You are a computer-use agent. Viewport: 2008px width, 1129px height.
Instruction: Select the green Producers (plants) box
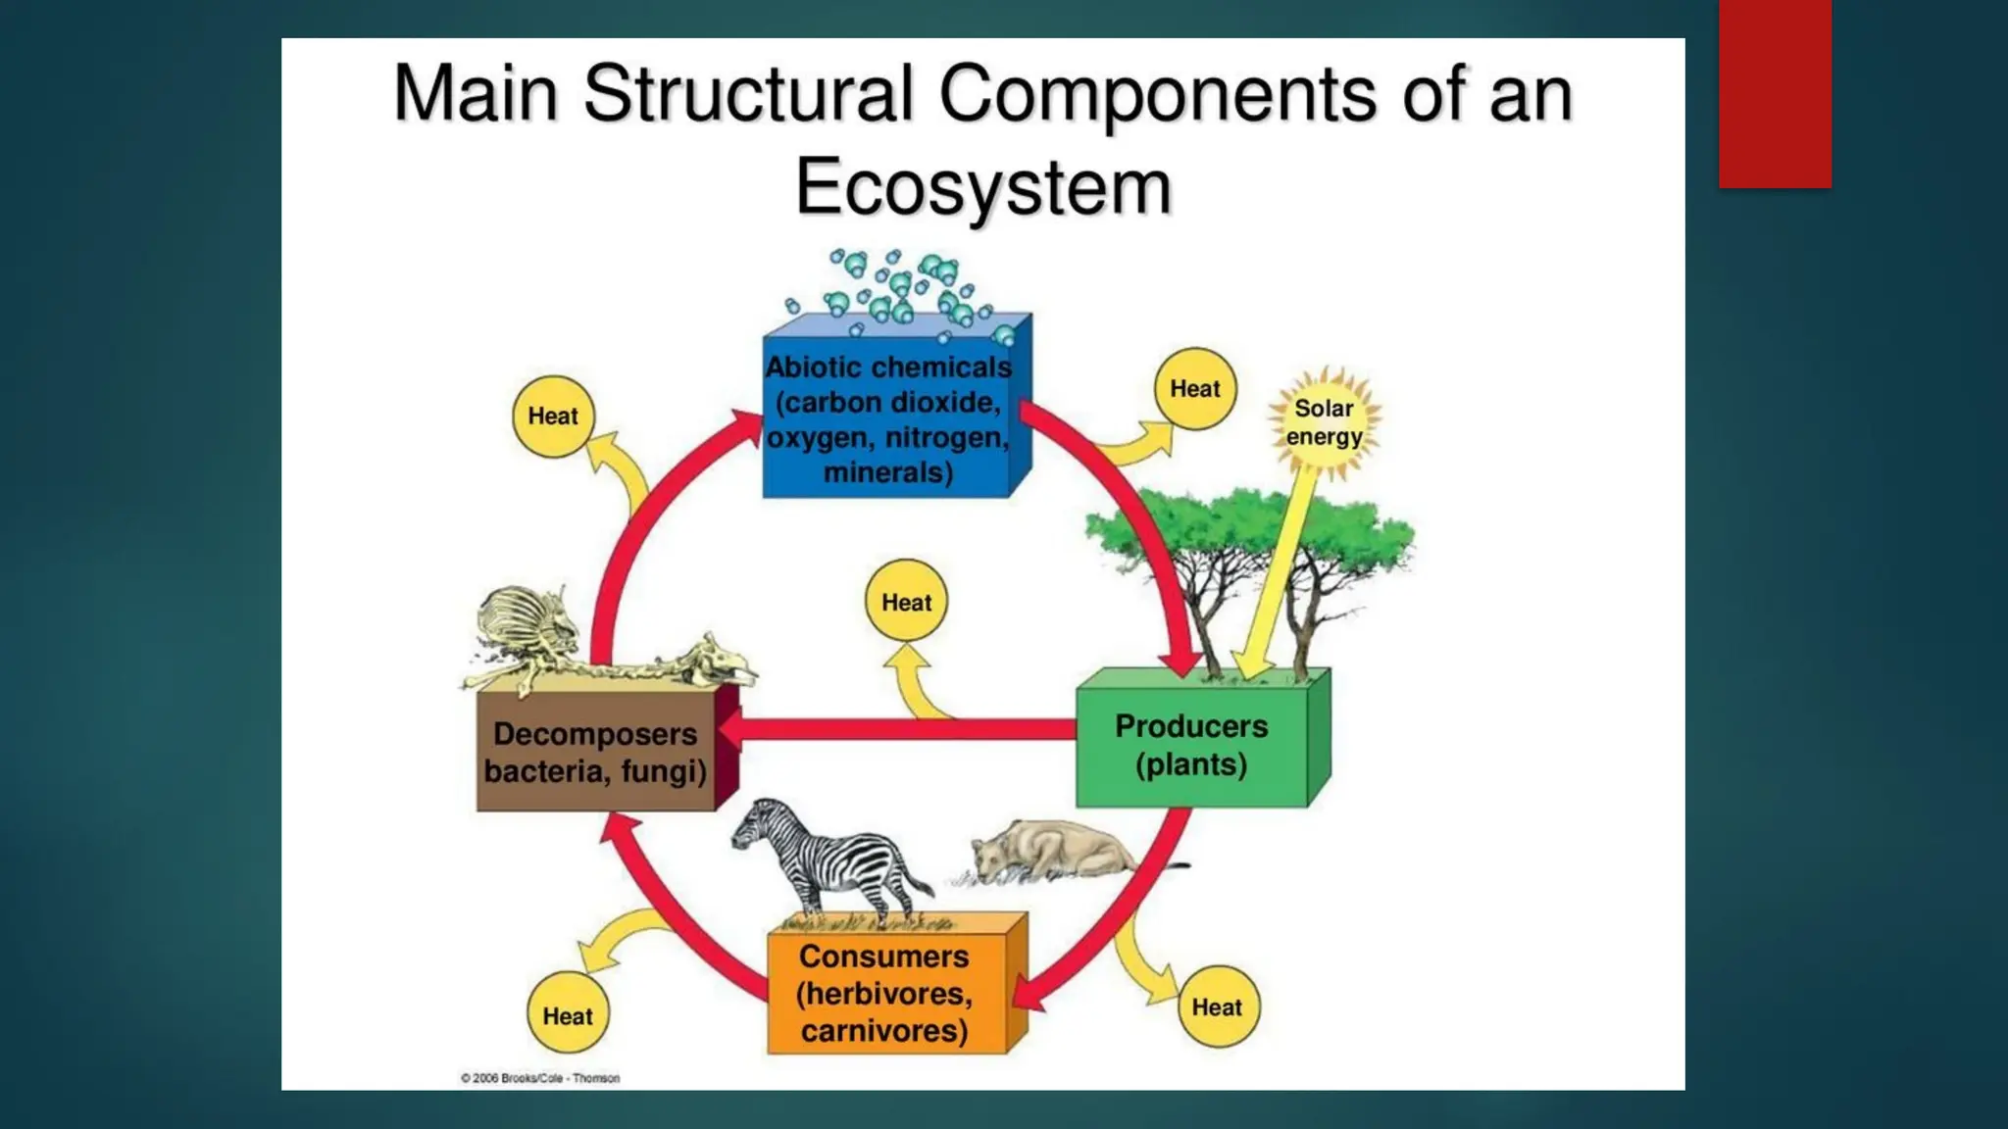(1191, 745)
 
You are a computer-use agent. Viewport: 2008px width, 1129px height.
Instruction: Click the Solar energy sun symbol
(1324, 422)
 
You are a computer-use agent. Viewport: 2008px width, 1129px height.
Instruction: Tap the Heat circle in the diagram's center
(906, 602)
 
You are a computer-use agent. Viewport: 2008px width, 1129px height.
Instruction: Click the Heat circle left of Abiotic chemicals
(553, 417)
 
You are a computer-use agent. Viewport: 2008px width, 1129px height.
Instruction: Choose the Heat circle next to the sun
(1194, 389)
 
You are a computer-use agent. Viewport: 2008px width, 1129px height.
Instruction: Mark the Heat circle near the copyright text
(568, 1015)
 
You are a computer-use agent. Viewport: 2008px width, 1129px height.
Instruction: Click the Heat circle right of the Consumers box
(1217, 1006)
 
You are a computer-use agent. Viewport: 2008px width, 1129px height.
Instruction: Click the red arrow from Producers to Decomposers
(902, 729)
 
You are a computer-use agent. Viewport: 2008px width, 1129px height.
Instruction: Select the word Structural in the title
(750, 94)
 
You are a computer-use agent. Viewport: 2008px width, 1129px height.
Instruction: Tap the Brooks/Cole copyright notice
(540, 1078)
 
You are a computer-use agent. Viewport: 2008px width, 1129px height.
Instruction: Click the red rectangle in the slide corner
(1775, 93)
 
